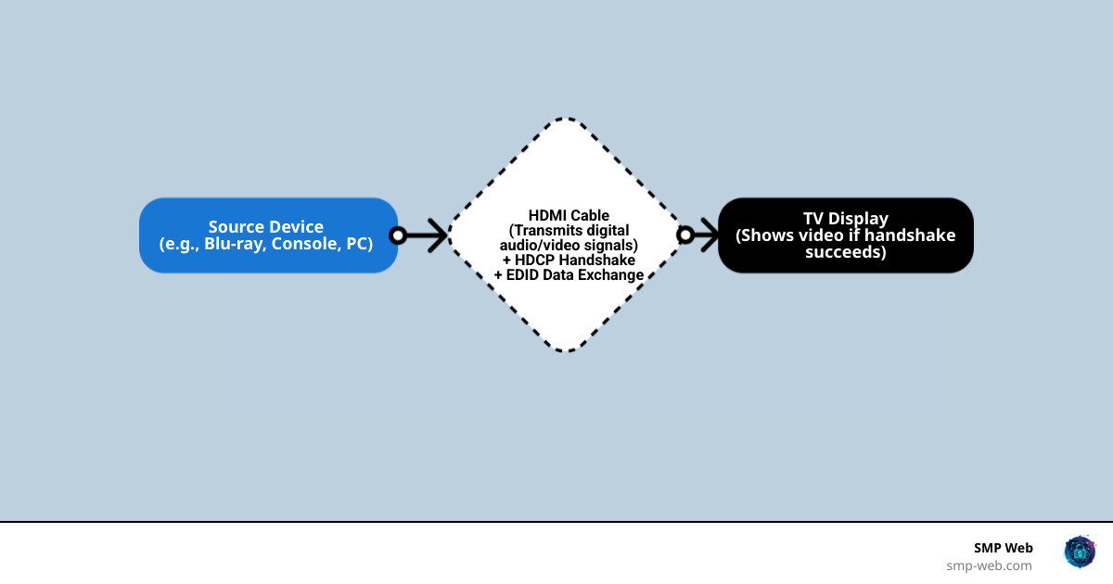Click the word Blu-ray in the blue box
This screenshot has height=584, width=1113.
click(236, 244)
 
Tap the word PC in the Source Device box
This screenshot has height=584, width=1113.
click(356, 244)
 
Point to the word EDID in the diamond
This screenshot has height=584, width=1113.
click(523, 275)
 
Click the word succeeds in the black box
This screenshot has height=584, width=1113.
click(845, 251)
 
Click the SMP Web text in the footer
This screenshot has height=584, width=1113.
click(1003, 548)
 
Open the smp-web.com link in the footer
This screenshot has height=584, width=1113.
click(989, 565)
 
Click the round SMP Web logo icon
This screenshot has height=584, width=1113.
click(1080, 552)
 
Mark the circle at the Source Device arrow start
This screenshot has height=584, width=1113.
click(398, 235)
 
